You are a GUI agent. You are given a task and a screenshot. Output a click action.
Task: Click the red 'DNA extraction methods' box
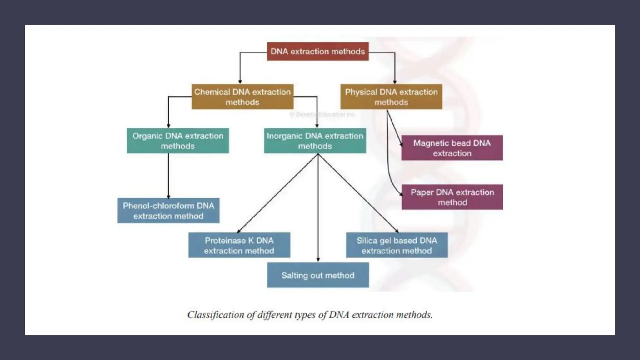317,52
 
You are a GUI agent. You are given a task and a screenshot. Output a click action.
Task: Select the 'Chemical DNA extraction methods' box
242,97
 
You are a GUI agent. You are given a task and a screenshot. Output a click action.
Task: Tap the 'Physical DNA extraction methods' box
391,97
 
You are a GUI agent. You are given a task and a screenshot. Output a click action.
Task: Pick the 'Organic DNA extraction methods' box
177,141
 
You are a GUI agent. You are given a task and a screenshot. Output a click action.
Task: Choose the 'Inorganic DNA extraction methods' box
315,141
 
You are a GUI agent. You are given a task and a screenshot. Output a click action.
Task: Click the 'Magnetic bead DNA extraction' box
452,148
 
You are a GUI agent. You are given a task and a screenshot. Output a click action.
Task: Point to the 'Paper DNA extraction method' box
452,197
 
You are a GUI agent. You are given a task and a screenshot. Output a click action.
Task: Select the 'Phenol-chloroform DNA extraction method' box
168,211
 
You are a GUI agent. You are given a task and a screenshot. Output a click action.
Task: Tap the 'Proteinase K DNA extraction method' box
239,245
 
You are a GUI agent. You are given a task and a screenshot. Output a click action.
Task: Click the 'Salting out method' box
318,275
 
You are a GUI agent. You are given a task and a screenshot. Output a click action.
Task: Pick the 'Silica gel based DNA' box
397,245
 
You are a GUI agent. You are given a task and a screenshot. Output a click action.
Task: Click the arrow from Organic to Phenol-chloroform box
168,175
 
